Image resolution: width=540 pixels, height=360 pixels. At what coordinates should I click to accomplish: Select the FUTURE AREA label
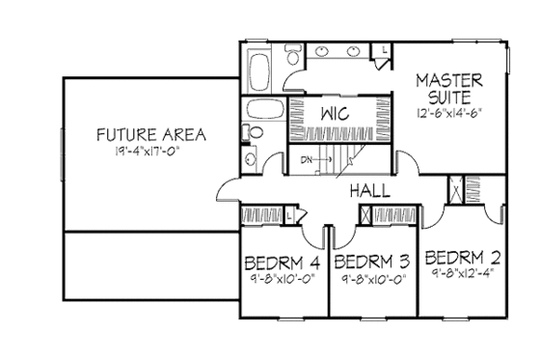coord(154,133)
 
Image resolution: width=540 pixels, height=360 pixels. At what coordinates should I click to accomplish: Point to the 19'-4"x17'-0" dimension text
coord(154,151)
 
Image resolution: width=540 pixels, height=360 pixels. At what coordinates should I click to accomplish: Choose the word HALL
coord(370,190)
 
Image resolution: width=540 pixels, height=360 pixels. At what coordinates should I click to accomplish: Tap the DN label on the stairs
coord(306,160)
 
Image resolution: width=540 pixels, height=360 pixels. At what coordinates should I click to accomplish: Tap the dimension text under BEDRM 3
coord(371,280)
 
